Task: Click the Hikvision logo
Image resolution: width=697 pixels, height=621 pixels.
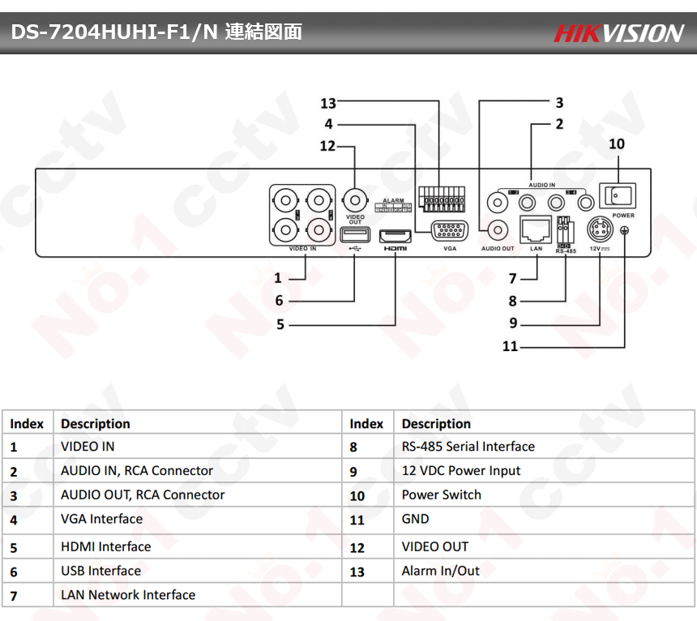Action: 619,33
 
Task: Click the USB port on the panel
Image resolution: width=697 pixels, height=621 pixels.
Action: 354,235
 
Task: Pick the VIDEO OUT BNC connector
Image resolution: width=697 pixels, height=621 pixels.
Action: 355,199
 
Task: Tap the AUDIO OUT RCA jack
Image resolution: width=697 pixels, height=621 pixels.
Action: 496,230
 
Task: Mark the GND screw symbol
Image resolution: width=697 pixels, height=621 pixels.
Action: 626,231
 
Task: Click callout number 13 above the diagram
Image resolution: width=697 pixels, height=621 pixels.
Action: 327,104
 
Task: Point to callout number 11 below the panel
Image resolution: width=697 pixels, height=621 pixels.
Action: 510,346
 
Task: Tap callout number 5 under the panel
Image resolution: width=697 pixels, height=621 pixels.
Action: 280,324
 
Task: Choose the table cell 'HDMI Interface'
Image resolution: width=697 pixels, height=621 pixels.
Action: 105,546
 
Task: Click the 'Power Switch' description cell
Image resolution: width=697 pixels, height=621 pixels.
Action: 441,495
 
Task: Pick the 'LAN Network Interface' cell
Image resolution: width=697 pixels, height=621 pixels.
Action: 128,595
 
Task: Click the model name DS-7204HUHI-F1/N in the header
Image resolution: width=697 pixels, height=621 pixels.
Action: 113,32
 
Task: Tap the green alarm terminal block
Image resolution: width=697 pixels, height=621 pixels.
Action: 442,198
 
